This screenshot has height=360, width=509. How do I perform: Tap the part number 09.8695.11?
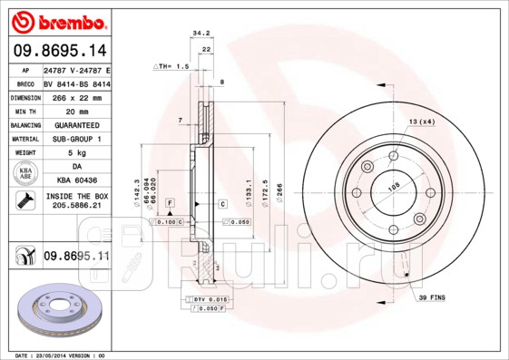75,258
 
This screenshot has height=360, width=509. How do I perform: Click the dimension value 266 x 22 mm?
75,96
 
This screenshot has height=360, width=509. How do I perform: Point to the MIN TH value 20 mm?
75,110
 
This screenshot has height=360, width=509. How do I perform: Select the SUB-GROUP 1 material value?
75,138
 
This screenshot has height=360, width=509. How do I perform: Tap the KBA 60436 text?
75,180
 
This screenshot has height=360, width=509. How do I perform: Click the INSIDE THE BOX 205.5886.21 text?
75,201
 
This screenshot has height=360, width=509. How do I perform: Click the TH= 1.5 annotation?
170,67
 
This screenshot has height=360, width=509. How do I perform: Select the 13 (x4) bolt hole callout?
421,121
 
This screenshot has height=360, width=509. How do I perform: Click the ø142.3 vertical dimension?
136,193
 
